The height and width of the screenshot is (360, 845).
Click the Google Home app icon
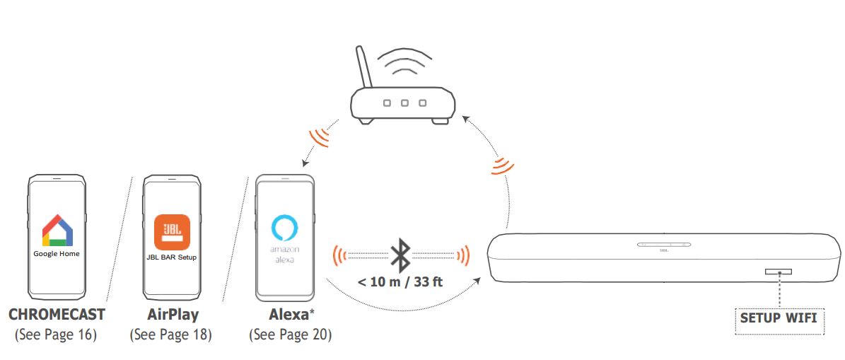pyautogui.click(x=57, y=230)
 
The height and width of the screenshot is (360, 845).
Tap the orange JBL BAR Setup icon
pyautogui.click(x=172, y=231)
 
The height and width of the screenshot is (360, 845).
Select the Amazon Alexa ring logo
pyautogui.click(x=284, y=229)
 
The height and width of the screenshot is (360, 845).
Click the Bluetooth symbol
pyautogui.click(x=401, y=254)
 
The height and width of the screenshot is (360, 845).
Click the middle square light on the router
pyautogui.click(x=404, y=103)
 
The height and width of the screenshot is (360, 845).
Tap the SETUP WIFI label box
pyautogui.click(x=778, y=318)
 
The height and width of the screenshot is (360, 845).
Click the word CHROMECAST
pyautogui.click(x=57, y=314)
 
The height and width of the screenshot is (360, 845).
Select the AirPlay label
pyautogui.click(x=173, y=314)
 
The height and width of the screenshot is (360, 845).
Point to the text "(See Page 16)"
pyautogui.click(x=56, y=334)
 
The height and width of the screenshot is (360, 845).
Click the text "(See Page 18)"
pyautogui.click(x=171, y=334)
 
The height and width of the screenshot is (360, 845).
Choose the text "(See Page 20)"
pyautogui.click(x=290, y=334)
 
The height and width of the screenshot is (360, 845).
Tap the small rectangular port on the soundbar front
pyautogui.click(x=778, y=272)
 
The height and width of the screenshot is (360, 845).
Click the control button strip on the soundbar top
pyautogui.click(x=664, y=245)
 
